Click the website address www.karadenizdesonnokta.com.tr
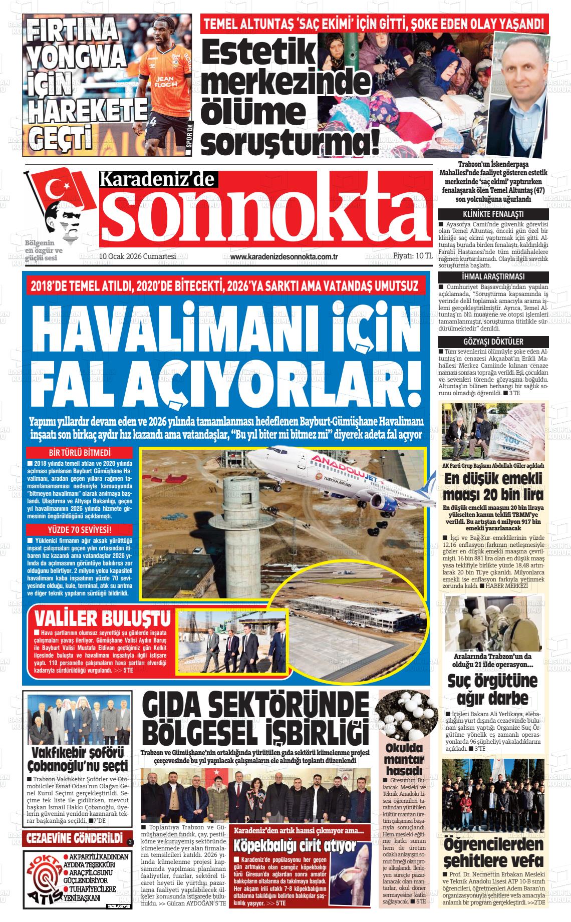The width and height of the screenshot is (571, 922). pos(284,257)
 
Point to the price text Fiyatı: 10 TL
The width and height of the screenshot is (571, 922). pos(413,255)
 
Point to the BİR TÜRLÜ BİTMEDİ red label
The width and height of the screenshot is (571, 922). pos(80,453)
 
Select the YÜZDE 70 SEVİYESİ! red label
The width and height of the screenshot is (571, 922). pos(80,529)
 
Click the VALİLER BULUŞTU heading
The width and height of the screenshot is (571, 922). pos(103,618)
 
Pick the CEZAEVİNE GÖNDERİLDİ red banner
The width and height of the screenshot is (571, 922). pos(75,838)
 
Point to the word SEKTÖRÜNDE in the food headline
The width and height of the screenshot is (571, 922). pos(290,708)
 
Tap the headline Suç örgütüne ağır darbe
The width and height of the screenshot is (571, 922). pos(493,689)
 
